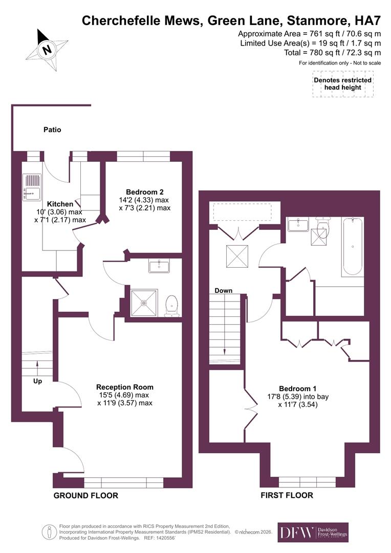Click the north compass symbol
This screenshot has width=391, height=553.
[x=48, y=50]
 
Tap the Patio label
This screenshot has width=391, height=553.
[x=52, y=130]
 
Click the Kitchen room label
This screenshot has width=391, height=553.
[x=60, y=204]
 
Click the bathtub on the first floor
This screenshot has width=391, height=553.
[x=353, y=246]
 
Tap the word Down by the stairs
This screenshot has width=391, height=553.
[x=224, y=291]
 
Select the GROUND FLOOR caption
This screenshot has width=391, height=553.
[x=86, y=496]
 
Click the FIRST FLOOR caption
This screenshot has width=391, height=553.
[x=287, y=496]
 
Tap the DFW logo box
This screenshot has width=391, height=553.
[x=313, y=533]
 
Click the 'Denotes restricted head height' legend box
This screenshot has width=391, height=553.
[x=342, y=84]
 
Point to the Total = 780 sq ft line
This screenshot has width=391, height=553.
[x=332, y=52]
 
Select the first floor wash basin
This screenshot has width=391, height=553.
[x=298, y=224]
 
